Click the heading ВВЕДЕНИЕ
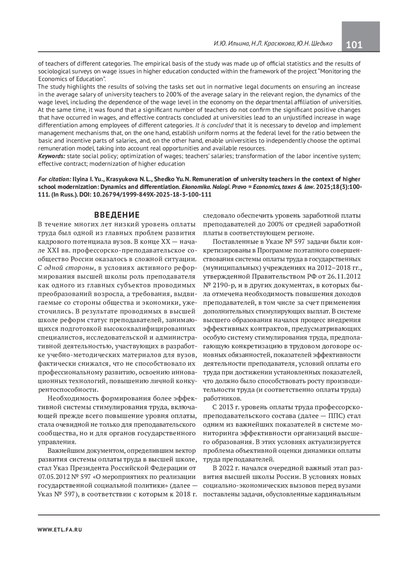(x=117, y=214)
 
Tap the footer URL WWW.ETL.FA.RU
(x=60, y=529)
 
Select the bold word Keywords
(x=52, y=156)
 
